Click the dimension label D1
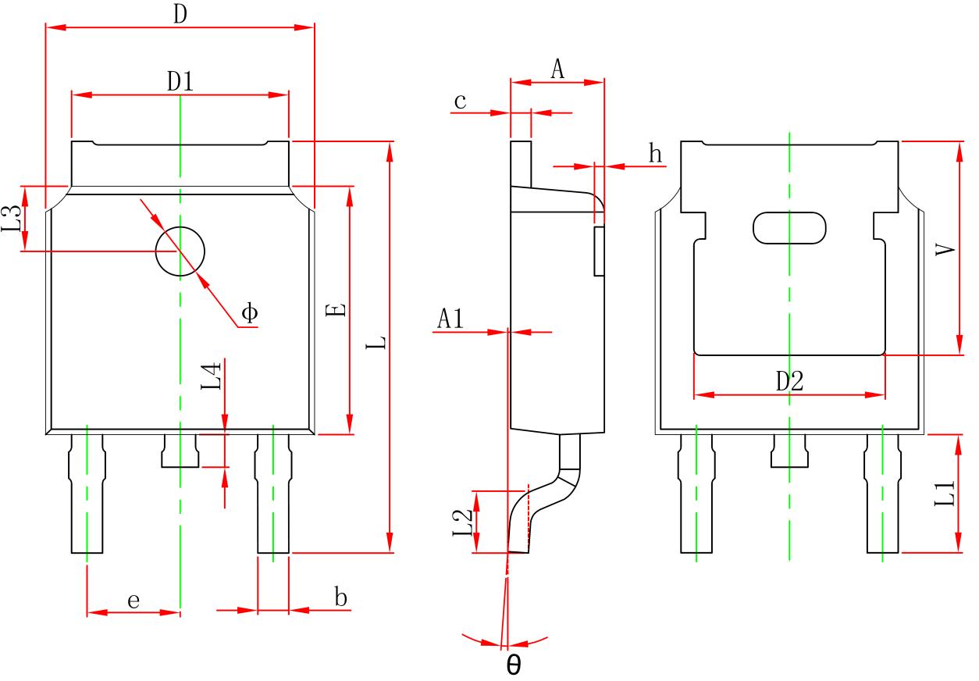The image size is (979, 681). pos(180,80)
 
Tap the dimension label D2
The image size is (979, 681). pos(789,381)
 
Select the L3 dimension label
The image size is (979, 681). pos(11,219)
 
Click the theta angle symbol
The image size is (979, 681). pos(514,665)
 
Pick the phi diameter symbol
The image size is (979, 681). pos(249,313)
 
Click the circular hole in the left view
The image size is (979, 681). pos(180,252)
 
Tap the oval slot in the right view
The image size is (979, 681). pos(789,227)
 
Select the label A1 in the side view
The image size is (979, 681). pos(450,318)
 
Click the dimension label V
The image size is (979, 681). pos(945,250)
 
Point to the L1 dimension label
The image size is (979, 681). pos(945,494)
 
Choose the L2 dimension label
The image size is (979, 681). pos(462,522)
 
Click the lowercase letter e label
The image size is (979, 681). pos(133,601)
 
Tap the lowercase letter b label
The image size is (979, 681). pos(340,598)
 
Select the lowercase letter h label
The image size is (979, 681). pos(656,154)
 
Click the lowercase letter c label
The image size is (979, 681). pos(461,102)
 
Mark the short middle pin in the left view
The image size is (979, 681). pos(180,451)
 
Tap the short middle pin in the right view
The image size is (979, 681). pos(789,451)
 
